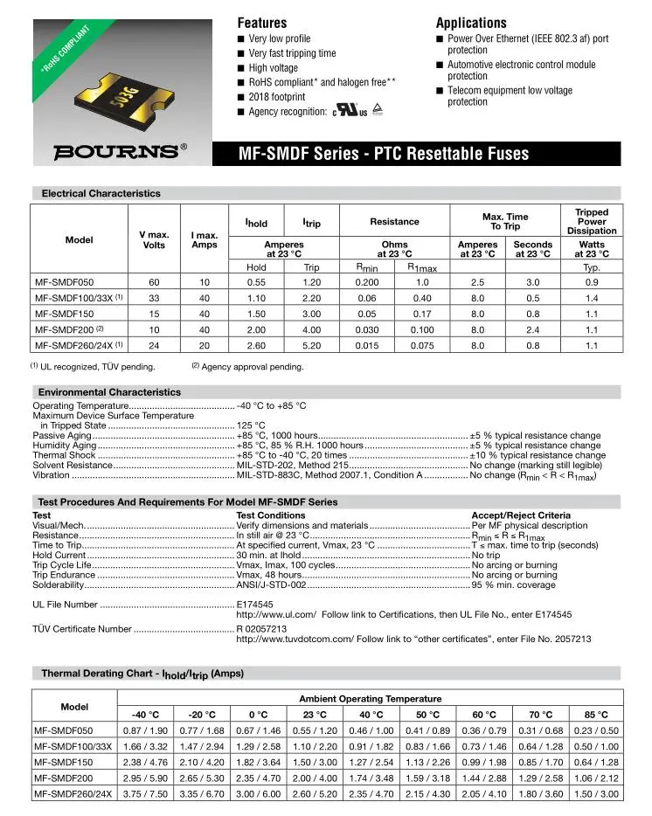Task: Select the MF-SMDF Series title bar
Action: (384, 155)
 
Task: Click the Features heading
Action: (262, 23)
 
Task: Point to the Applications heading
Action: (472, 23)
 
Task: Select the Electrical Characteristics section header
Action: (101, 193)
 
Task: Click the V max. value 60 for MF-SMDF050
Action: (154, 283)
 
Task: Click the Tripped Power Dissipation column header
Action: (592, 222)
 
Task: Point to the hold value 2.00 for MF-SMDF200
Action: (256, 330)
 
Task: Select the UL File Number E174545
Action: (255, 605)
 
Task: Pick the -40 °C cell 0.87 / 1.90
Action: (145, 730)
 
